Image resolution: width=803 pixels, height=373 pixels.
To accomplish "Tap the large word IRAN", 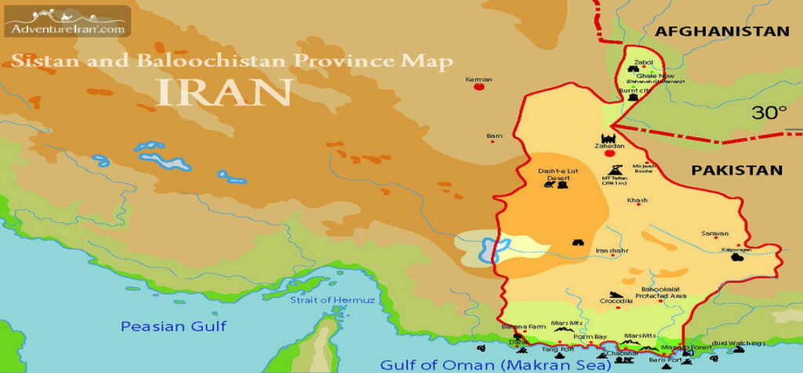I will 224,91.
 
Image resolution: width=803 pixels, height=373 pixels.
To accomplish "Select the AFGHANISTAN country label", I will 721,31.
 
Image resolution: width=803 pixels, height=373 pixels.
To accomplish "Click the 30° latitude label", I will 769,113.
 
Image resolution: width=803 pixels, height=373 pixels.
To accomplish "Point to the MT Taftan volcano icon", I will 615,169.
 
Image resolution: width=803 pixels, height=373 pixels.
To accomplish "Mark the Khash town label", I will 638,201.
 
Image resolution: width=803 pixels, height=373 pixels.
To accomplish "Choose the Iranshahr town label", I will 613,251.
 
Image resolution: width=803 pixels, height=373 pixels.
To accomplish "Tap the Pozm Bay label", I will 590,337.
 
